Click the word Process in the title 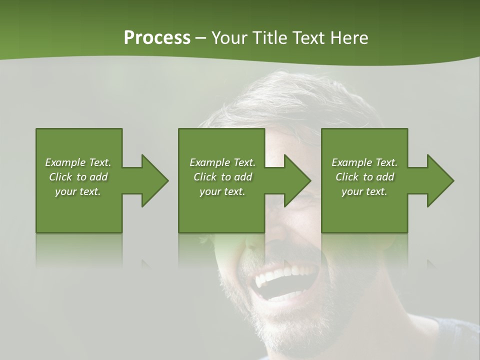click(157, 38)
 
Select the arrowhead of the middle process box click(297, 180)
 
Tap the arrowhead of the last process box click(439, 180)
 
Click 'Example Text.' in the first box click(78, 162)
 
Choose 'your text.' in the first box click(78, 191)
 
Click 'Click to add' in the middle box click(222, 177)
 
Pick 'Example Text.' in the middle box click(222, 162)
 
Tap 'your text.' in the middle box click(222, 191)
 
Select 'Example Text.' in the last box click(364, 162)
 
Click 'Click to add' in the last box click(364, 177)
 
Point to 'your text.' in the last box click(364, 191)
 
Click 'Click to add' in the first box click(78, 177)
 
